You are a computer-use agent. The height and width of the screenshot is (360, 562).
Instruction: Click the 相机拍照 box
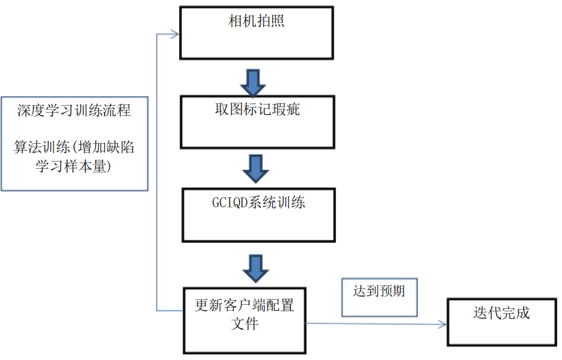(x=257, y=33)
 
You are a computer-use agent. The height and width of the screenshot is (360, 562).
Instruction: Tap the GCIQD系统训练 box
(x=258, y=215)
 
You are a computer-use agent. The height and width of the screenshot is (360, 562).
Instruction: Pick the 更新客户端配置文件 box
(x=245, y=320)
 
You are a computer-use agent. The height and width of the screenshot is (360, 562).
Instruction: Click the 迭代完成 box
(x=501, y=322)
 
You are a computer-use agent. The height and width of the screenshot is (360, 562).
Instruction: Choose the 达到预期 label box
(x=379, y=297)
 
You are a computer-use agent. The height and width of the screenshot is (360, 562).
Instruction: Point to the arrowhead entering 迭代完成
(x=443, y=325)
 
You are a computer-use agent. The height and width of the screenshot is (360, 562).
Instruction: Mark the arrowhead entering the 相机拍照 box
(x=175, y=34)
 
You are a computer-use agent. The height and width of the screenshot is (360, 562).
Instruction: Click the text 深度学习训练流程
(x=74, y=111)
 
